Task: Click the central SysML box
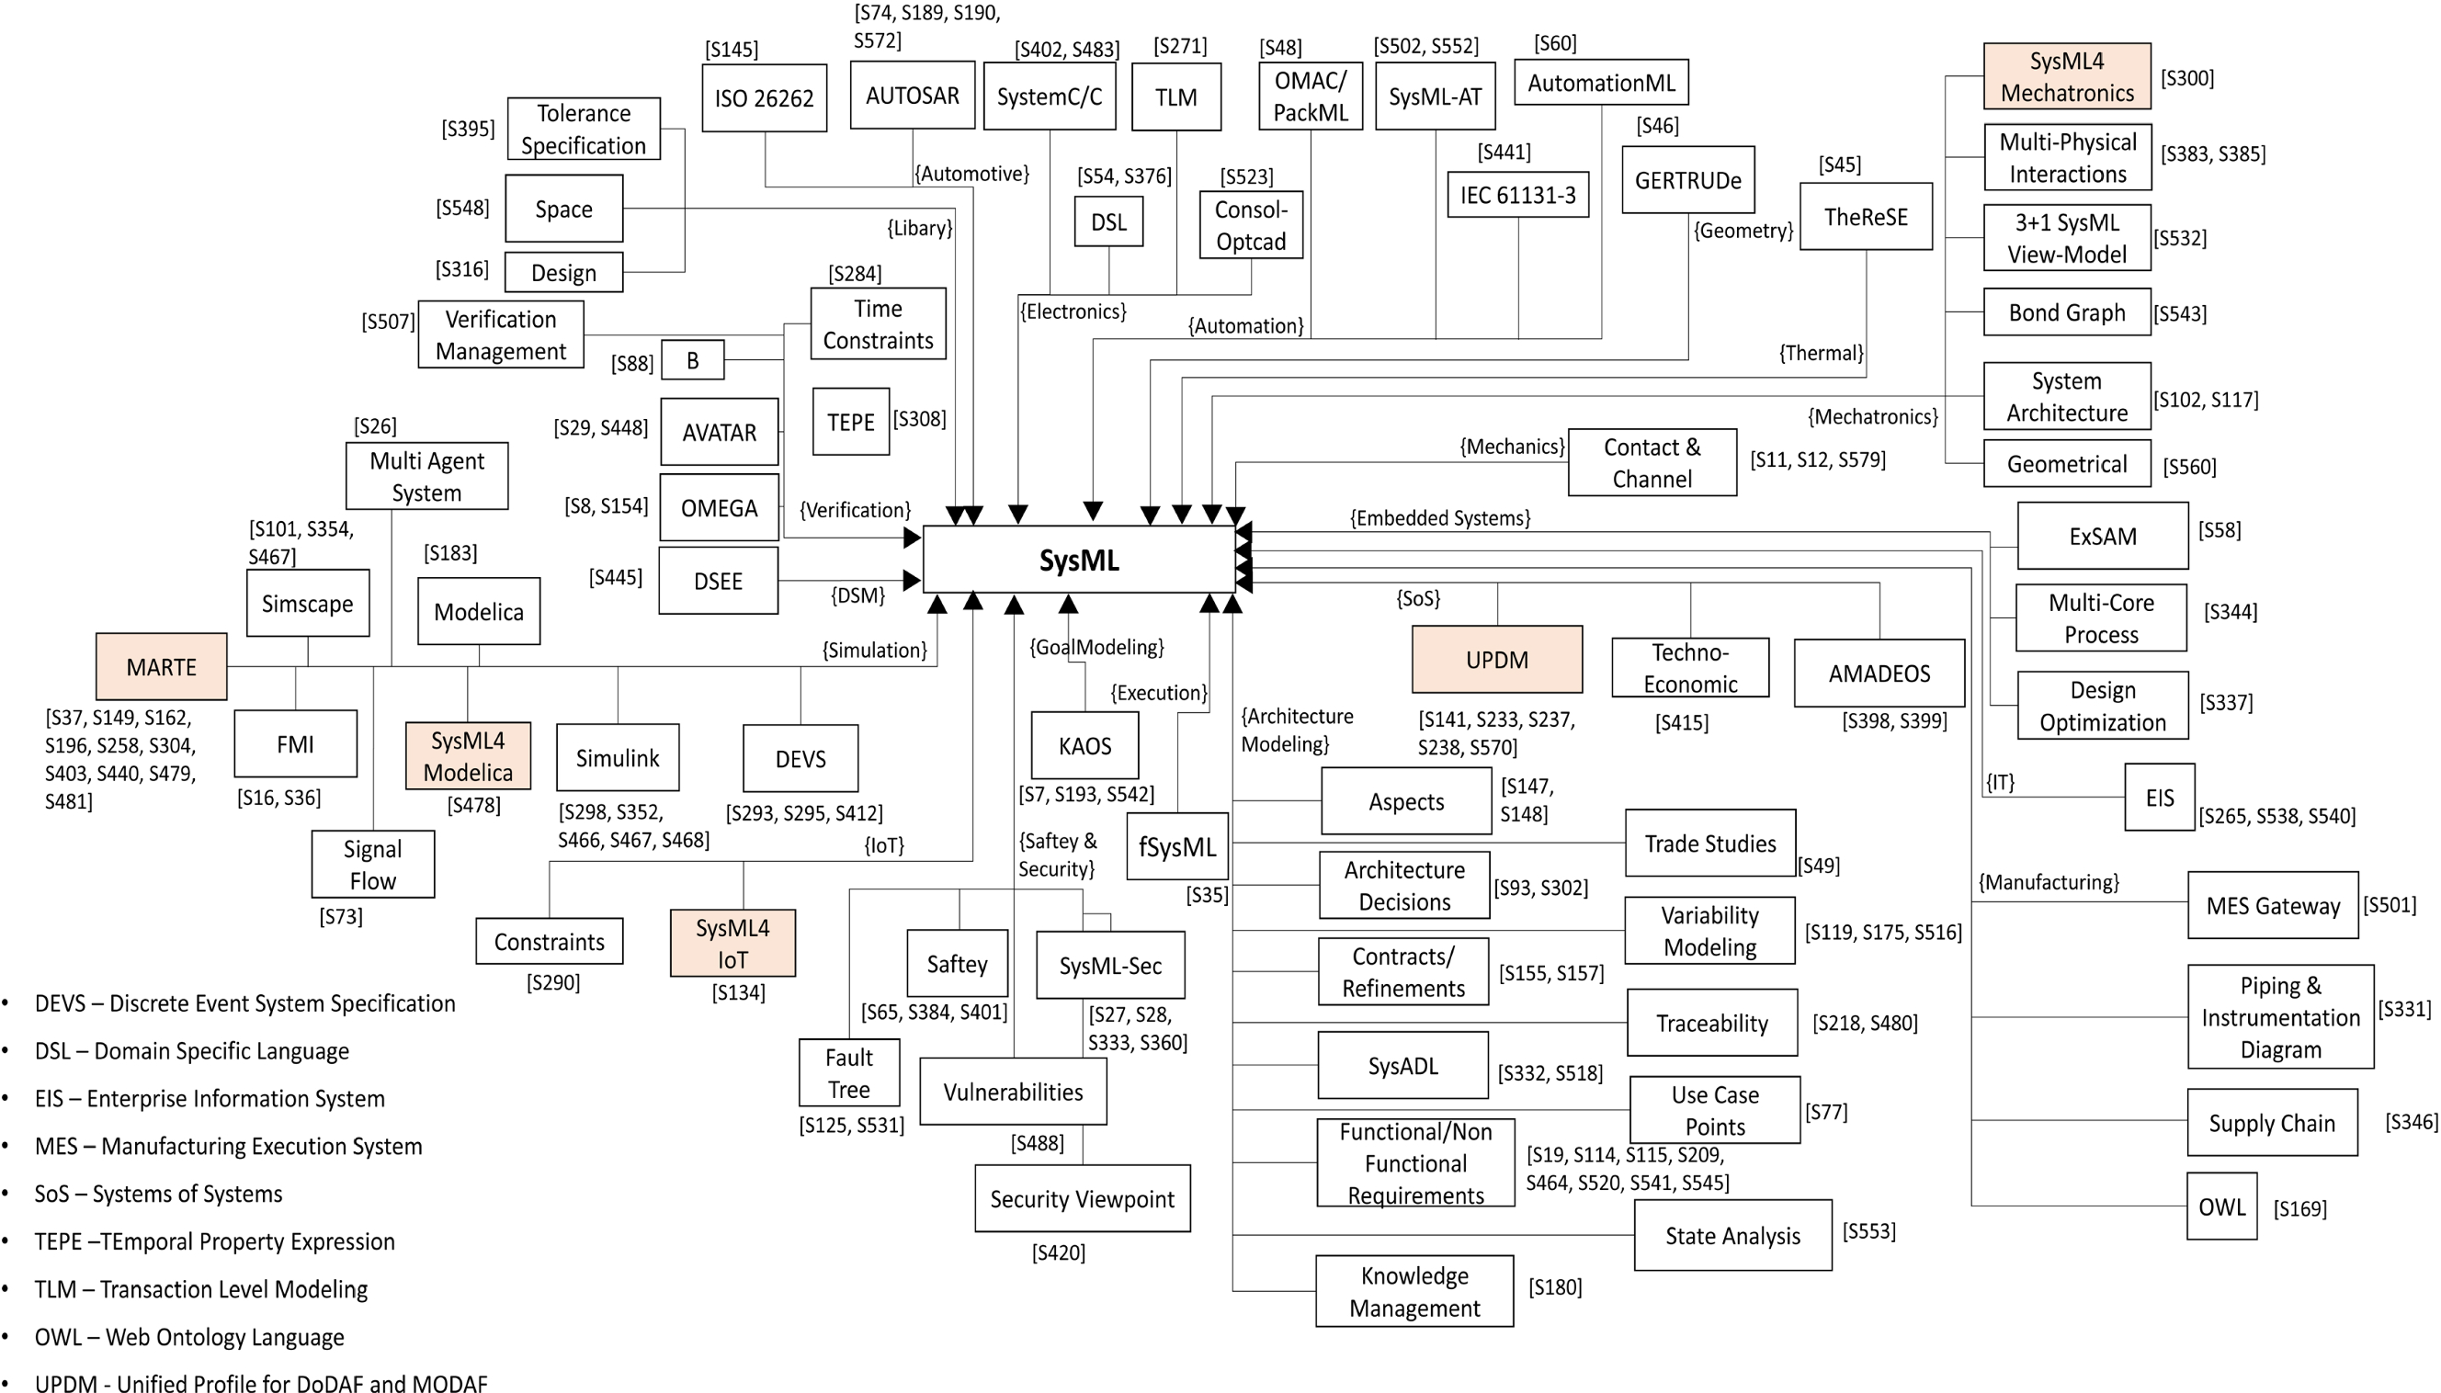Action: [1078, 560]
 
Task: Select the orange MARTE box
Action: [161, 667]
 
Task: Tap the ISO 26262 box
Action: [764, 97]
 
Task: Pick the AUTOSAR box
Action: [912, 96]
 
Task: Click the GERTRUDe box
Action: [1687, 181]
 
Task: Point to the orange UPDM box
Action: [1496, 660]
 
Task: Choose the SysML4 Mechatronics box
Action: [2066, 76]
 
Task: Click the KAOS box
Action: [1084, 745]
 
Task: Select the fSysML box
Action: [1177, 846]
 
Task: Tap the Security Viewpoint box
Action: [1082, 1199]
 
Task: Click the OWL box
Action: [2221, 1206]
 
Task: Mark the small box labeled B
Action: [692, 361]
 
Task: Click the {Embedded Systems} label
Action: [1439, 518]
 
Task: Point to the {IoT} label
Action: [883, 845]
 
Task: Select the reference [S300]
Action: [2186, 78]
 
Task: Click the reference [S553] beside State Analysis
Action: [1868, 1231]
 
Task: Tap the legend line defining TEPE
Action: [214, 1241]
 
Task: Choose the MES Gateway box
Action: [2272, 906]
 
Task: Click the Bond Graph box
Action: [2066, 312]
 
